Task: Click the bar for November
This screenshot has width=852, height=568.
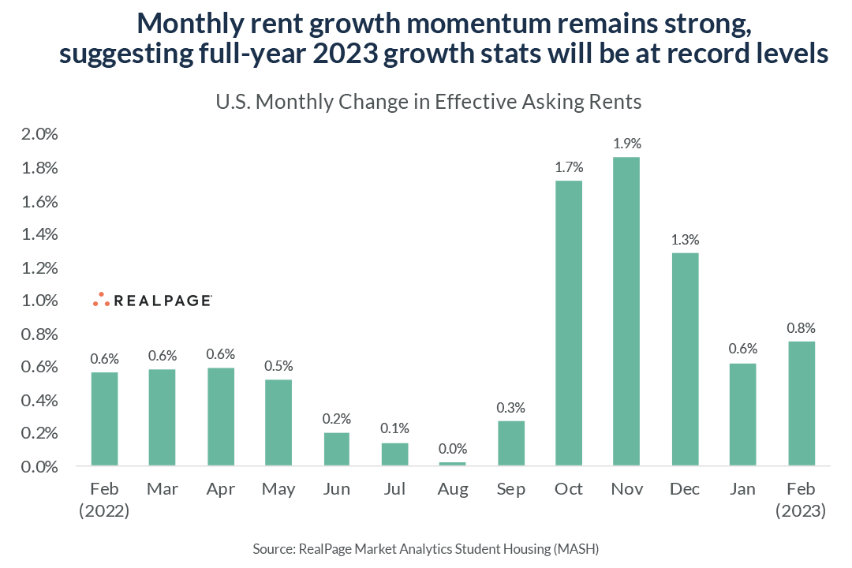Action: point(626,311)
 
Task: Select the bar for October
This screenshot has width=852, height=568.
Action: point(568,323)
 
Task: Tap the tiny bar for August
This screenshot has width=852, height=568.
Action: point(453,463)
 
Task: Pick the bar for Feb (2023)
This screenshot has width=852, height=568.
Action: point(801,403)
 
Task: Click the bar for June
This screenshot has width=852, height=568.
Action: point(336,449)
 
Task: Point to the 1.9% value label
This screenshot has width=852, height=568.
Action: point(626,144)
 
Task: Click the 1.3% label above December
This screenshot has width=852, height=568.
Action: point(685,239)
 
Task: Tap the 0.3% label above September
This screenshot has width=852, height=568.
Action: point(510,407)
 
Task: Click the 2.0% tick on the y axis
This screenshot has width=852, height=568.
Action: point(39,134)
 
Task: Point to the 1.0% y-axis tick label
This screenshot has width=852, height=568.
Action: point(39,301)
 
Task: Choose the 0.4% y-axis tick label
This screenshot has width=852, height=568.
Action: point(39,400)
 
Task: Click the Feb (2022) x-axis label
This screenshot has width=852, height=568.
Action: point(104,499)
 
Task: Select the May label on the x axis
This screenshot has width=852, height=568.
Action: point(278,489)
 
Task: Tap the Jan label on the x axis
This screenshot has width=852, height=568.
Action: point(742,489)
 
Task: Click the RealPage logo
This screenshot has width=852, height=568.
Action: point(151,300)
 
